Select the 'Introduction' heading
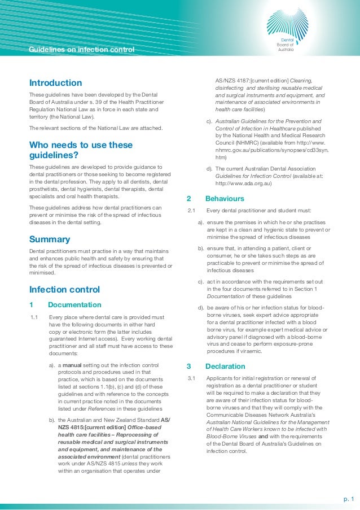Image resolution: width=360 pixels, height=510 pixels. [x=55, y=83]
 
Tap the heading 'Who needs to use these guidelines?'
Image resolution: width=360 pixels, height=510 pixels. [x=80, y=150]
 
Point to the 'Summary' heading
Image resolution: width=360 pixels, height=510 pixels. [x=49, y=239]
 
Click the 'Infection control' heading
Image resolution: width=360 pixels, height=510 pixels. [x=64, y=290]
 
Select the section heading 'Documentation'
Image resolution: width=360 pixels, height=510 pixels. [x=74, y=305]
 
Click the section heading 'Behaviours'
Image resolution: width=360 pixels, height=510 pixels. [x=225, y=199]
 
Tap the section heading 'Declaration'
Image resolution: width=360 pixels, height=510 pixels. [x=225, y=366]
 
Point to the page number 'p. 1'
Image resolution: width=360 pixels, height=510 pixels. [x=349, y=499]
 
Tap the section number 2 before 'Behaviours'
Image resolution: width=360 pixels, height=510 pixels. [x=188, y=199]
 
